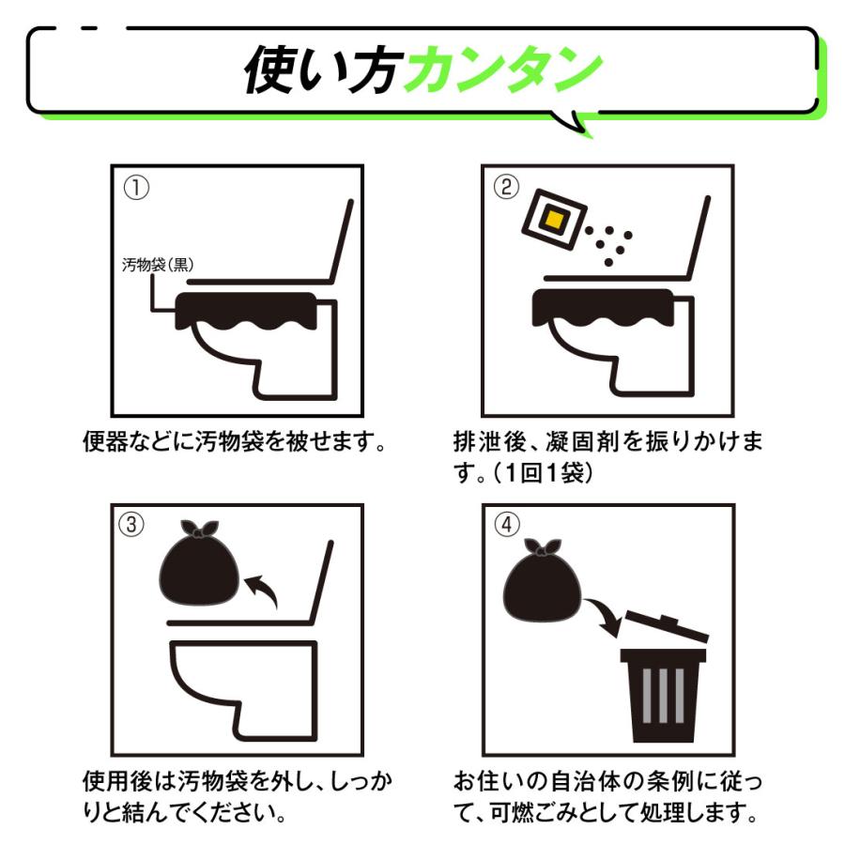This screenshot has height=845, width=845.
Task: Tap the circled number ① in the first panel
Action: click(136, 188)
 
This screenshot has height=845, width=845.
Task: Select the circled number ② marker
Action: click(507, 187)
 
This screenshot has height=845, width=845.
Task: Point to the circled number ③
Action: click(131, 524)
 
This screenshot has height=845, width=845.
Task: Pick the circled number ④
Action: click(507, 524)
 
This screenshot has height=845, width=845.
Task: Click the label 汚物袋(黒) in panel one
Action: click(158, 265)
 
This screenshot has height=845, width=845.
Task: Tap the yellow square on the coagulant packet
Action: click(555, 220)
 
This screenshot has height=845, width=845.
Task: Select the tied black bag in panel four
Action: click(542, 580)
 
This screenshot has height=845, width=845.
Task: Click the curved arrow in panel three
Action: click(263, 589)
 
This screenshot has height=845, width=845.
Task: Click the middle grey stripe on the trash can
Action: click(664, 695)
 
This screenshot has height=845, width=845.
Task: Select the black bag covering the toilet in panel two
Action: click(604, 310)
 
